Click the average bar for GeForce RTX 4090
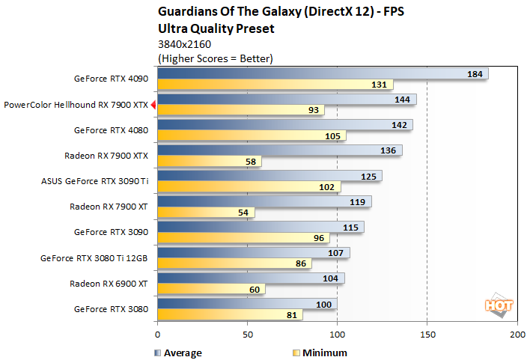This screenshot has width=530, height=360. (x=322, y=73)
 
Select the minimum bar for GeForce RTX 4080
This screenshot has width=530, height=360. (x=252, y=136)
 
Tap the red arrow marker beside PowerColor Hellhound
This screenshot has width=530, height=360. (x=153, y=106)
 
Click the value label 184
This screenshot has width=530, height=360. (x=475, y=73)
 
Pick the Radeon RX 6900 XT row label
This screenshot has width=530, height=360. (x=109, y=284)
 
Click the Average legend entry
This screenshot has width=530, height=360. (x=177, y=353)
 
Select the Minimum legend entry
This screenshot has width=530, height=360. (x=319, y=353)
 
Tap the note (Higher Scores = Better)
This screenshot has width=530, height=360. (x=215, y=58)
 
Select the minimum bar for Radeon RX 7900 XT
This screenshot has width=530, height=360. (x=206, y=213)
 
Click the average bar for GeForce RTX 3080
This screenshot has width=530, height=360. (x=247, y=303)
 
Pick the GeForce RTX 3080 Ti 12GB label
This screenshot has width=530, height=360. (x=94, y=258)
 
